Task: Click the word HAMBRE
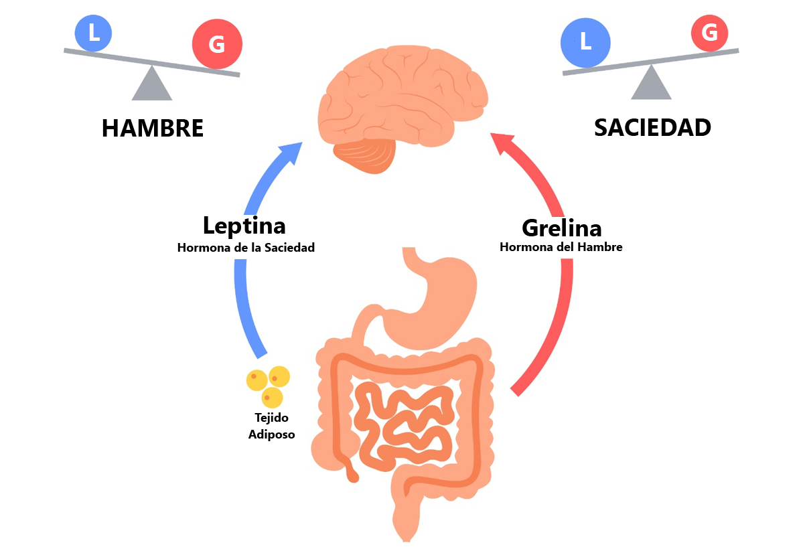[152, 129]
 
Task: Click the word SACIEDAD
[652, 127]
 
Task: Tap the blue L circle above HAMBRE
[94, 32]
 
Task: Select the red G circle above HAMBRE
[216, 45]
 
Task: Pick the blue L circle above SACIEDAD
[585, 43]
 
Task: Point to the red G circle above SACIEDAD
[709, 32]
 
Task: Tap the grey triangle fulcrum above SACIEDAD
[651, 85]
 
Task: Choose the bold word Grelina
[561, 228]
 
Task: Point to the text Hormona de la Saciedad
[246, 248]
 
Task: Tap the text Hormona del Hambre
[561, 247]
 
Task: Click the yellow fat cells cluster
[268, 385]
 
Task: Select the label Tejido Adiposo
[271, 426]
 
